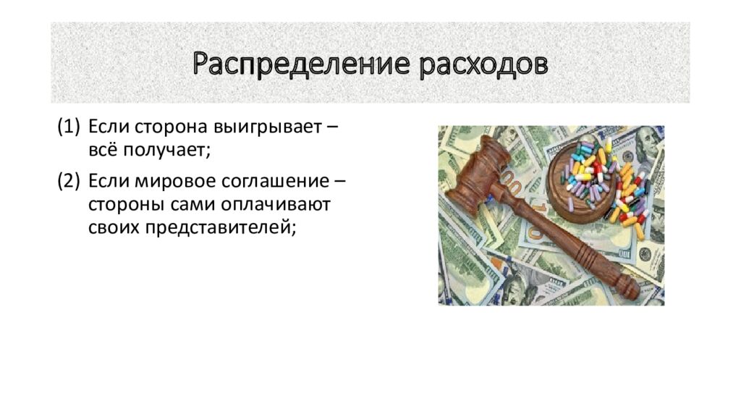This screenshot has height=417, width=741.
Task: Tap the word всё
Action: pos(103,151)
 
